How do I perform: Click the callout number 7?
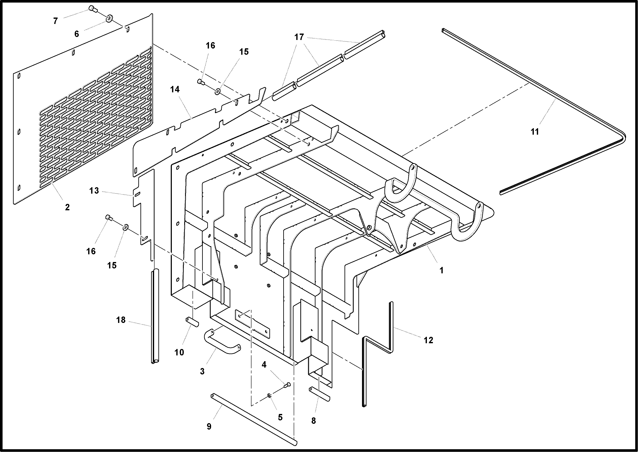pyautogui.click(x=55, y=21)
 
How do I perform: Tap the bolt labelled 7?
pyautogui.click(x=93, y=9)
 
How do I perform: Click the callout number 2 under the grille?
pyautogui.click(x=67, y=207)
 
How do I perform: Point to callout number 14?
pyautogui.click(x=175, y=89)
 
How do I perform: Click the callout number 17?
pyautogui.click(x=299, y=37)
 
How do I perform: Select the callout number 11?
pyautogui.click(x=535, y=132)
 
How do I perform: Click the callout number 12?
pyautogui.click(x=428, y=340)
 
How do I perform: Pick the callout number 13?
pyautogui.click(x=94, y=191)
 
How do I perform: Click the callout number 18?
pyautogui.click(x=121, y=320)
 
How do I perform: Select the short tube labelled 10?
pyautogui.click(x=192, y=322)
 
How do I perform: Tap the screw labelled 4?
pyautogui.click(x=287, y=385)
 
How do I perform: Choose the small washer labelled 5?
pyautogui.click(x=269, y=396)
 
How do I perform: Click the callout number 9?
pyautogui.click(x=209, y=426)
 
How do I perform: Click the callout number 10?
pyautogui.click(x=179, y=352)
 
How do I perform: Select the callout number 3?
pyautogui.click(x=202, y=371)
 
